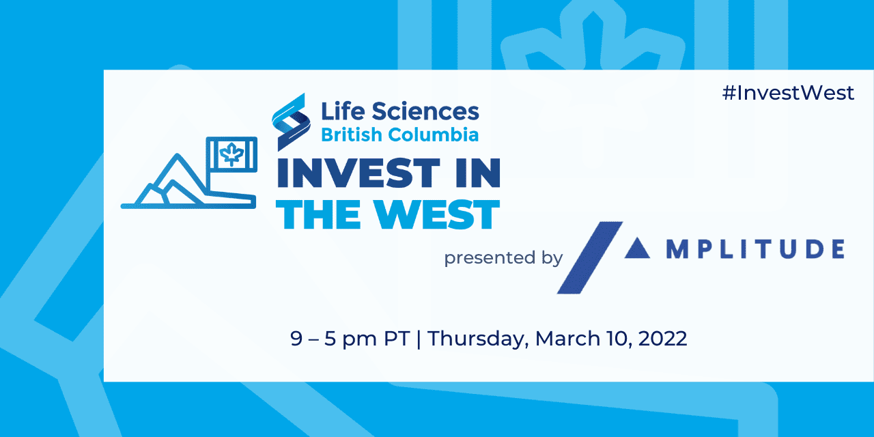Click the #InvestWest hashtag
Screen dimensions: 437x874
click(x=787, y=94)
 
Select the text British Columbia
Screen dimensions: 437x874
click(x=399, y=135)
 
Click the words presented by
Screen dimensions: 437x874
click(x=503, y=258)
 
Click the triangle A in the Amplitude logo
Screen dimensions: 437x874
click(x=640, y=249)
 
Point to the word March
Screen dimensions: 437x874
click(x=565, y=339)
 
